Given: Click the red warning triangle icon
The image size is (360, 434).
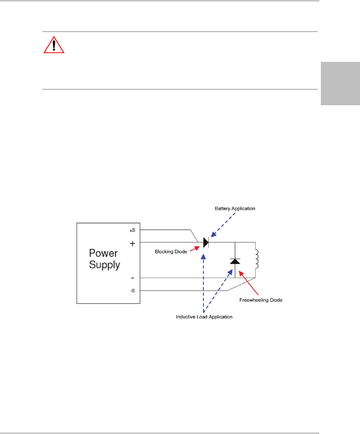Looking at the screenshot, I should click(x=54, y=46).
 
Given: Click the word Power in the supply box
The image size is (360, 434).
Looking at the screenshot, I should click(x=104, y=253).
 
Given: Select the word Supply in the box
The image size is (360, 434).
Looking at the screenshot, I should click(x=105, y=265).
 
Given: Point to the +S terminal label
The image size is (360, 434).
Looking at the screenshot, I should click(x=132, y=230).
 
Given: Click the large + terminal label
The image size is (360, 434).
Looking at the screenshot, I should click(x=132, y=244).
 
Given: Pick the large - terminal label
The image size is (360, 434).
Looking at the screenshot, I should click(x=132, y=277).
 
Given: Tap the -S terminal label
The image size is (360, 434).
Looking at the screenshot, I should click(x=132, y=290).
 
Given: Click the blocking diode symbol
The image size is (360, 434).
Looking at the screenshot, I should click(x=206, y=243).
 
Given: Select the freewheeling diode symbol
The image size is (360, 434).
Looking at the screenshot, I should click(x=235, y=261).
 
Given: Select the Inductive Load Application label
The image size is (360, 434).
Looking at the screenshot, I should click(x=204, y=317).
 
